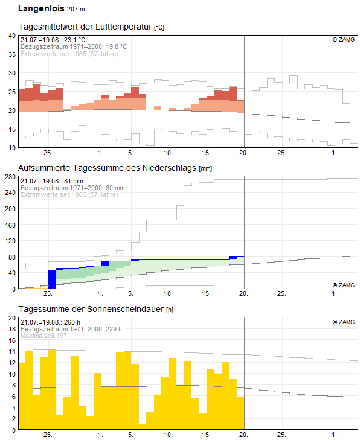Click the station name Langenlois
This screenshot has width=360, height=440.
41,8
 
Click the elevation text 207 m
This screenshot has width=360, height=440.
76,9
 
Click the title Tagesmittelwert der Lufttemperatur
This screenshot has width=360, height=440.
85,27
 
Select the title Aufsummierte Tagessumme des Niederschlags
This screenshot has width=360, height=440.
107,168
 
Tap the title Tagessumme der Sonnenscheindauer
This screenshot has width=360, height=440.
91,309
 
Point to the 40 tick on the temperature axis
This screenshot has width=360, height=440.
12,36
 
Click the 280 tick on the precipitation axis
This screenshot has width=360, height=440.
10,177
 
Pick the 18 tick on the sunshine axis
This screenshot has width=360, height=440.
12,329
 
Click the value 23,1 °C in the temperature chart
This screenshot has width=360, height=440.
74,40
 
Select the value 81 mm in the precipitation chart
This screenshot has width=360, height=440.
74,181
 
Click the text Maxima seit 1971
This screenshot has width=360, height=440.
45,336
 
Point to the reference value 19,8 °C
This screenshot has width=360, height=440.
116,46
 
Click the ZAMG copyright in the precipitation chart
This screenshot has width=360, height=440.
344,285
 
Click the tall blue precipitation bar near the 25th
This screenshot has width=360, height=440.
52,279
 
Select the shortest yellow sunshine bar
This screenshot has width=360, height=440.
143,426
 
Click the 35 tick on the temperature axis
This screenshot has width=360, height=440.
12,54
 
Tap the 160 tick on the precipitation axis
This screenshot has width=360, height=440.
10,225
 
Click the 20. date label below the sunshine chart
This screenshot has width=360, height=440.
243,435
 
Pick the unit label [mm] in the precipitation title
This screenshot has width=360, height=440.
205,168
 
